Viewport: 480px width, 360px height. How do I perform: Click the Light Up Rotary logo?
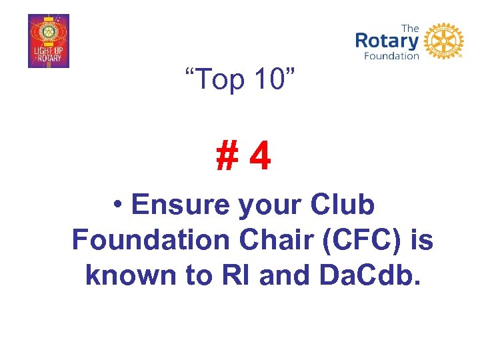[x=48, y=41]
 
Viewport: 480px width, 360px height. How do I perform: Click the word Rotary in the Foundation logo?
[x=387, y=41]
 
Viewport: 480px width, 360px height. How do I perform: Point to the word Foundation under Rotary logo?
[x=391, y=56]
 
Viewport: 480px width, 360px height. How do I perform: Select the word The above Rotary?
[x=411, y=28]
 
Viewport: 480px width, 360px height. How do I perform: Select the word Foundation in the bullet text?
[x=148, y=239]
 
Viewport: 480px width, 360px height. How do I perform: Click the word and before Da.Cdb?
[x=287, y=274]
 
